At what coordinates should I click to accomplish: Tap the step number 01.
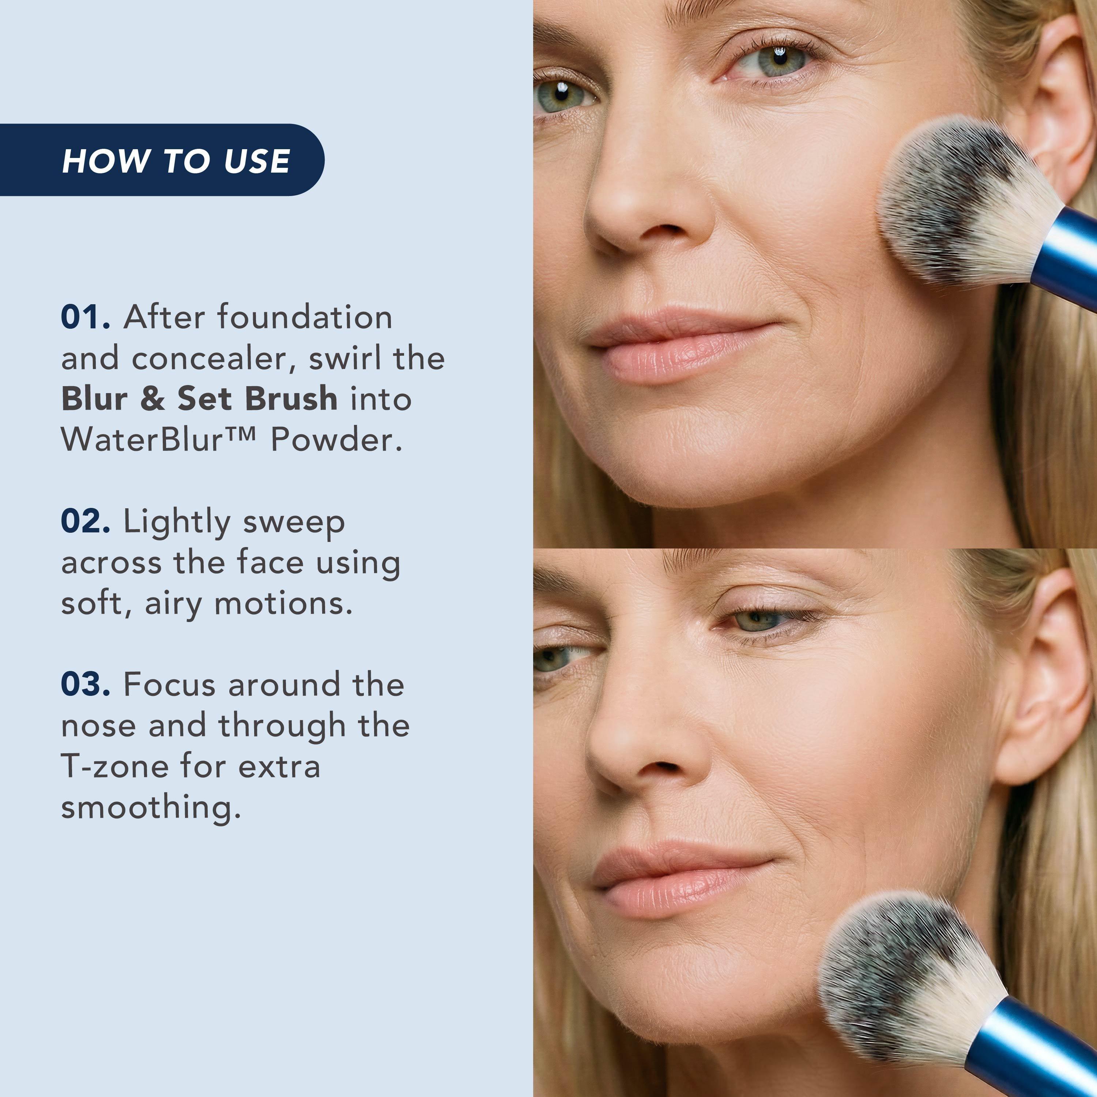tap(86, 317)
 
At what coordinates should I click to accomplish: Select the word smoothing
tap(151, 807)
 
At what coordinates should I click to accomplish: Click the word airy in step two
tap(174, 604)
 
